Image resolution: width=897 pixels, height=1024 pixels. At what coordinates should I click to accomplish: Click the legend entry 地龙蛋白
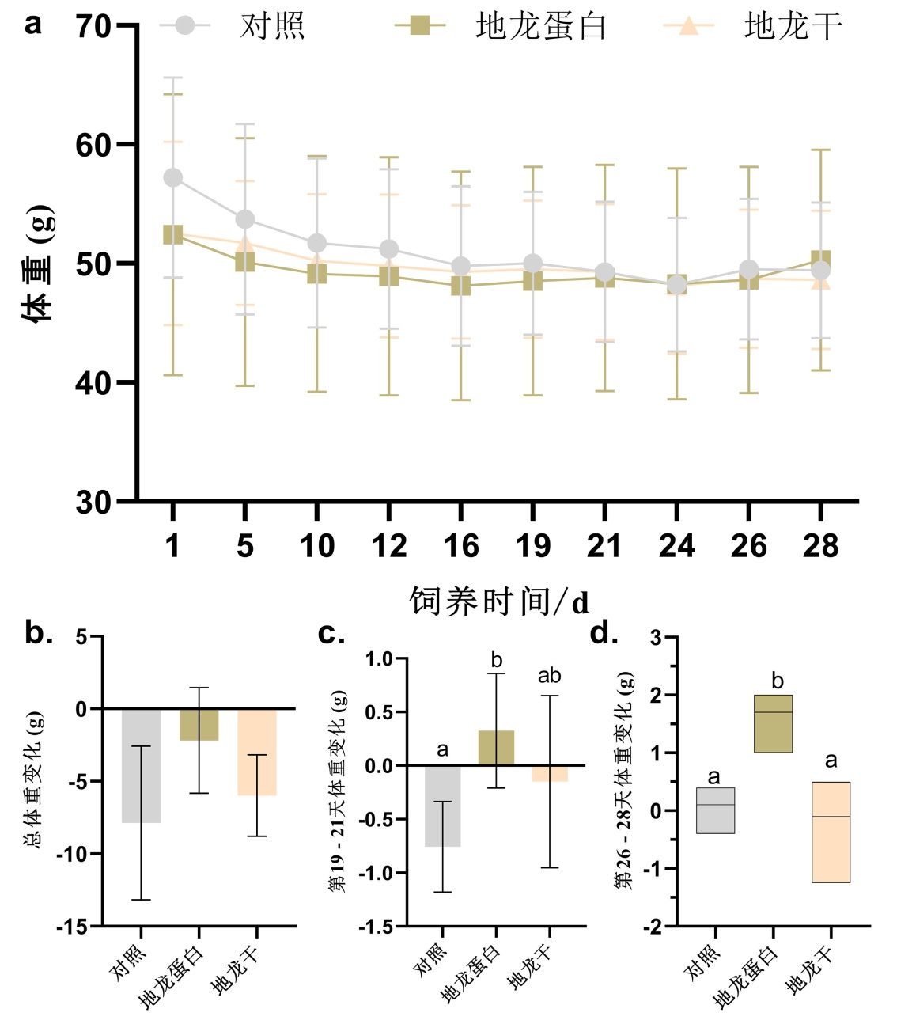540,26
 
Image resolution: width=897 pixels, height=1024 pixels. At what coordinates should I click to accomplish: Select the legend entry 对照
271,26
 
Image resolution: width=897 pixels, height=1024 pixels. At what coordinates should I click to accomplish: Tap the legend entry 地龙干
793,26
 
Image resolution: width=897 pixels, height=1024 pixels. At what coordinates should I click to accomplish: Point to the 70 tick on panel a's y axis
94,26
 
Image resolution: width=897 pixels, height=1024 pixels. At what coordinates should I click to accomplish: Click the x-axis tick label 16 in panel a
461,546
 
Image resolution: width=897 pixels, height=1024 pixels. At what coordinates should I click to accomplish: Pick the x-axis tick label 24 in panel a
676,546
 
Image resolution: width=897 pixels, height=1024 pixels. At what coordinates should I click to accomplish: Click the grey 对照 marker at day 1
173,177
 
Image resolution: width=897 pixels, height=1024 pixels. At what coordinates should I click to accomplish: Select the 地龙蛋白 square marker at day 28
821,260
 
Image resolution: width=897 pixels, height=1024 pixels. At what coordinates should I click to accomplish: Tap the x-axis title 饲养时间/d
499,602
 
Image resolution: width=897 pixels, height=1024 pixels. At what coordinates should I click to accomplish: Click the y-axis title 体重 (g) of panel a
38,263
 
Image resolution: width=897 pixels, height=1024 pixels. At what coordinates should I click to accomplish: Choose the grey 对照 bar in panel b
142,765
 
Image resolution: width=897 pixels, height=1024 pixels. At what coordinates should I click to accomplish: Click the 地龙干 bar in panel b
257,752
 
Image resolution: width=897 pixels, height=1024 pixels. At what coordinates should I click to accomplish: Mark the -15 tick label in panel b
72,927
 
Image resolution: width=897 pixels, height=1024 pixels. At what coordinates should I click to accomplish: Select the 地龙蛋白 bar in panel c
496,748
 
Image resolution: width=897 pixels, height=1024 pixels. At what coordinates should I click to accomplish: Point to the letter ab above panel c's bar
550,676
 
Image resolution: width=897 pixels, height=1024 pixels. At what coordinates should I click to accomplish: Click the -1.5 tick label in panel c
376,927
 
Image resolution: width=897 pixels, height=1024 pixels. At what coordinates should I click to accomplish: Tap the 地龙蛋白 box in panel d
773,723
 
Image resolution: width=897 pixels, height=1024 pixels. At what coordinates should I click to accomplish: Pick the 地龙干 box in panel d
831,832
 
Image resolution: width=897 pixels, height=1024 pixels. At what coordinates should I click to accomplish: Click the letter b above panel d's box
777,681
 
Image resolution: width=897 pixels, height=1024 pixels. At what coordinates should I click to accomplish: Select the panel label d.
604,634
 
